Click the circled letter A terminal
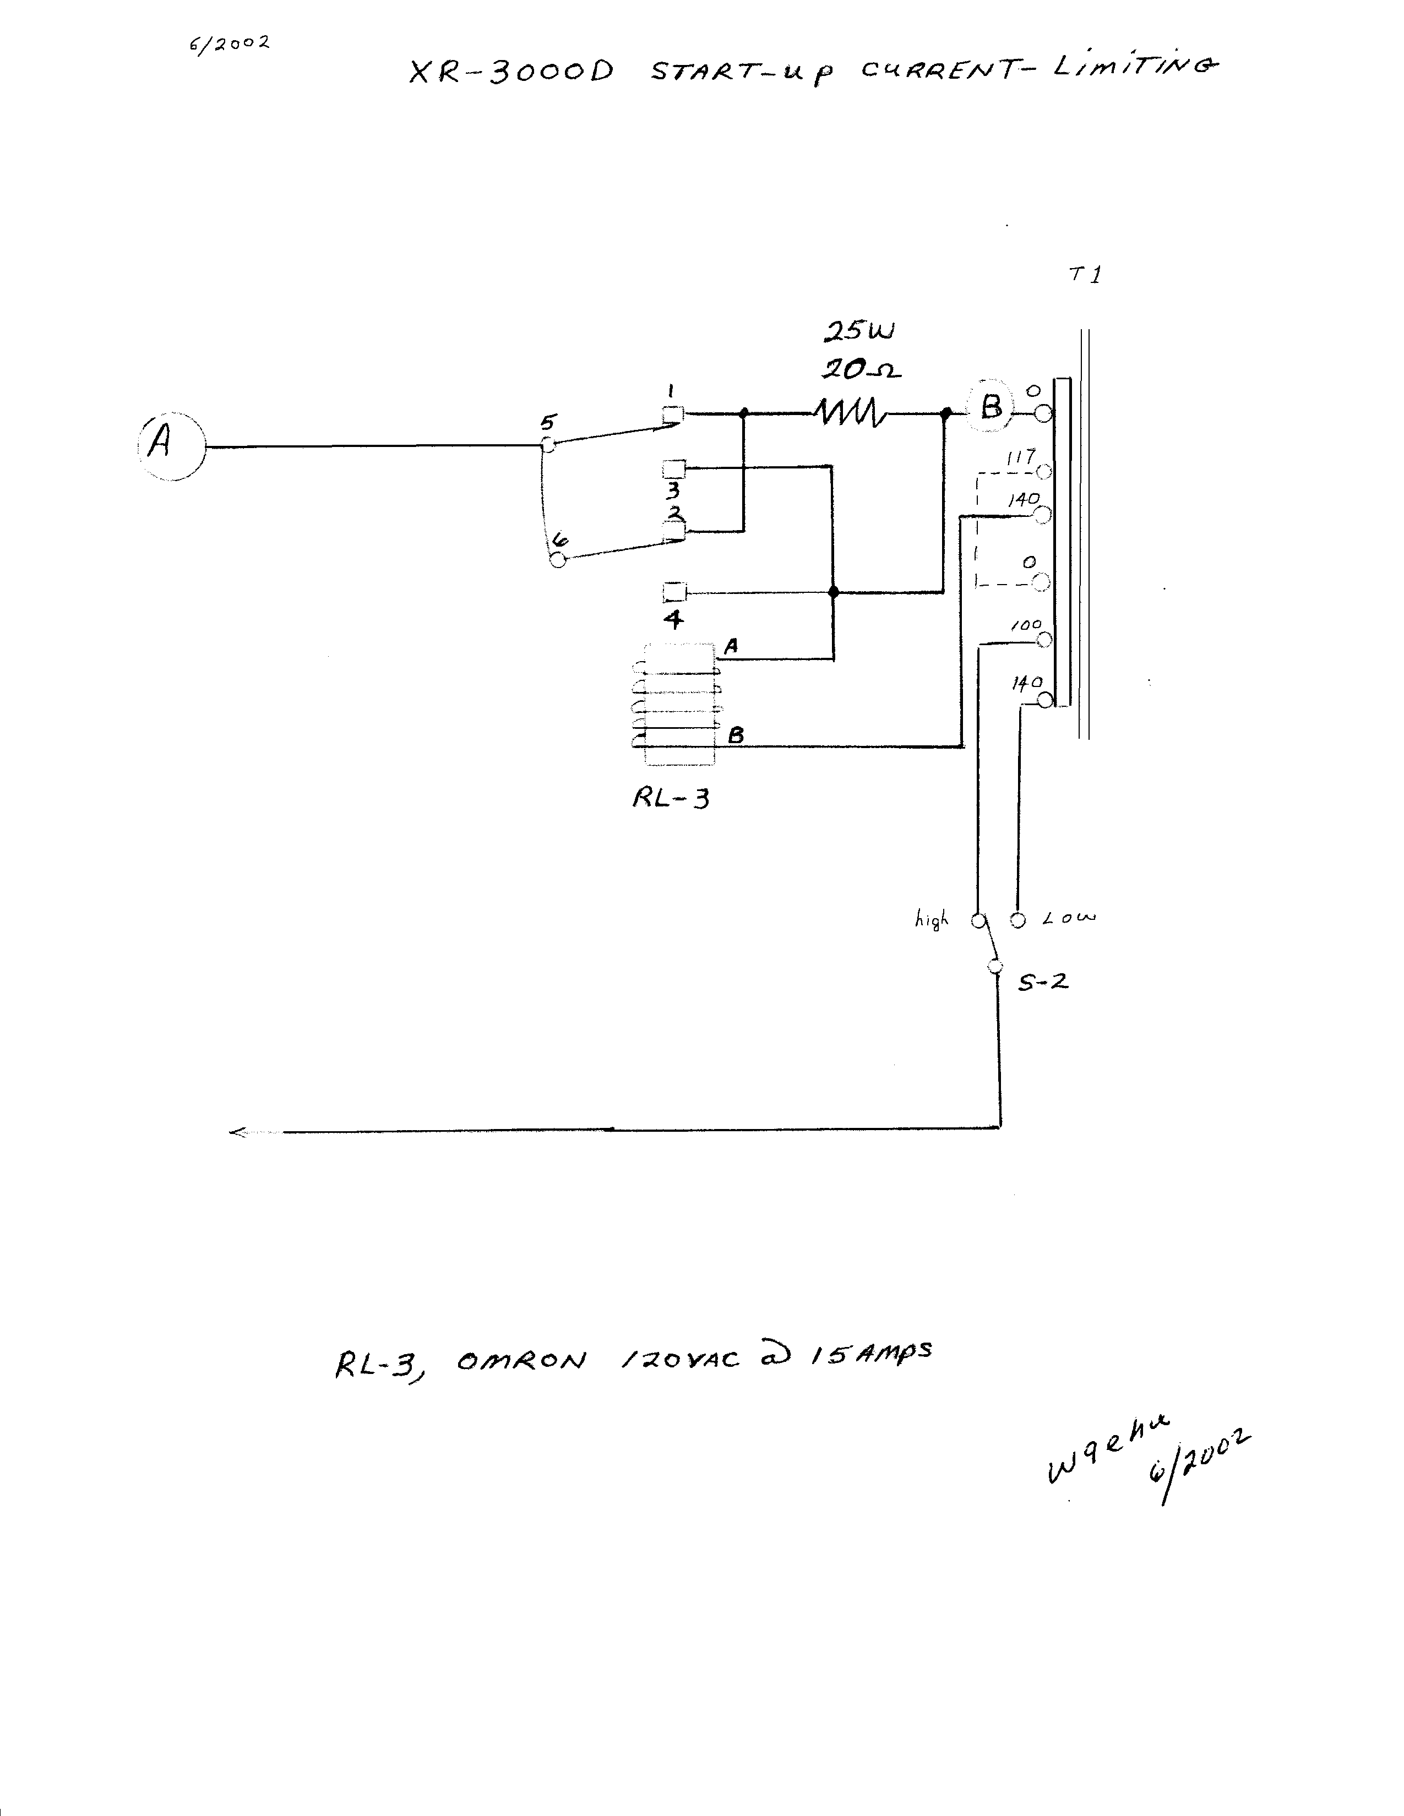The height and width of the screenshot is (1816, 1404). click(x=171, y=448)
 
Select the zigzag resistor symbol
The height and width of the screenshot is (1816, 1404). click(x=850, y=412)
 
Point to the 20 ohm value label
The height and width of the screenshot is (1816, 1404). click(x=862, y=368)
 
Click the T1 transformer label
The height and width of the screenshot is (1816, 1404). click(x=1085, y=274)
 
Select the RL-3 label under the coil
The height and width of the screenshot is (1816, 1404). click(x=671, y=798)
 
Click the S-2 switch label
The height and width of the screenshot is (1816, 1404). click(x=1043, y=982)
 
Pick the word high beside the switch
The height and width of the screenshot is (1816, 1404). click(x=932, y=920)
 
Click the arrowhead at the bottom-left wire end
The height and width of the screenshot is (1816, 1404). click(x=238, y=1132)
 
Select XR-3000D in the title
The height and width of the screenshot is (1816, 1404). click(x=511, y=72)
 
